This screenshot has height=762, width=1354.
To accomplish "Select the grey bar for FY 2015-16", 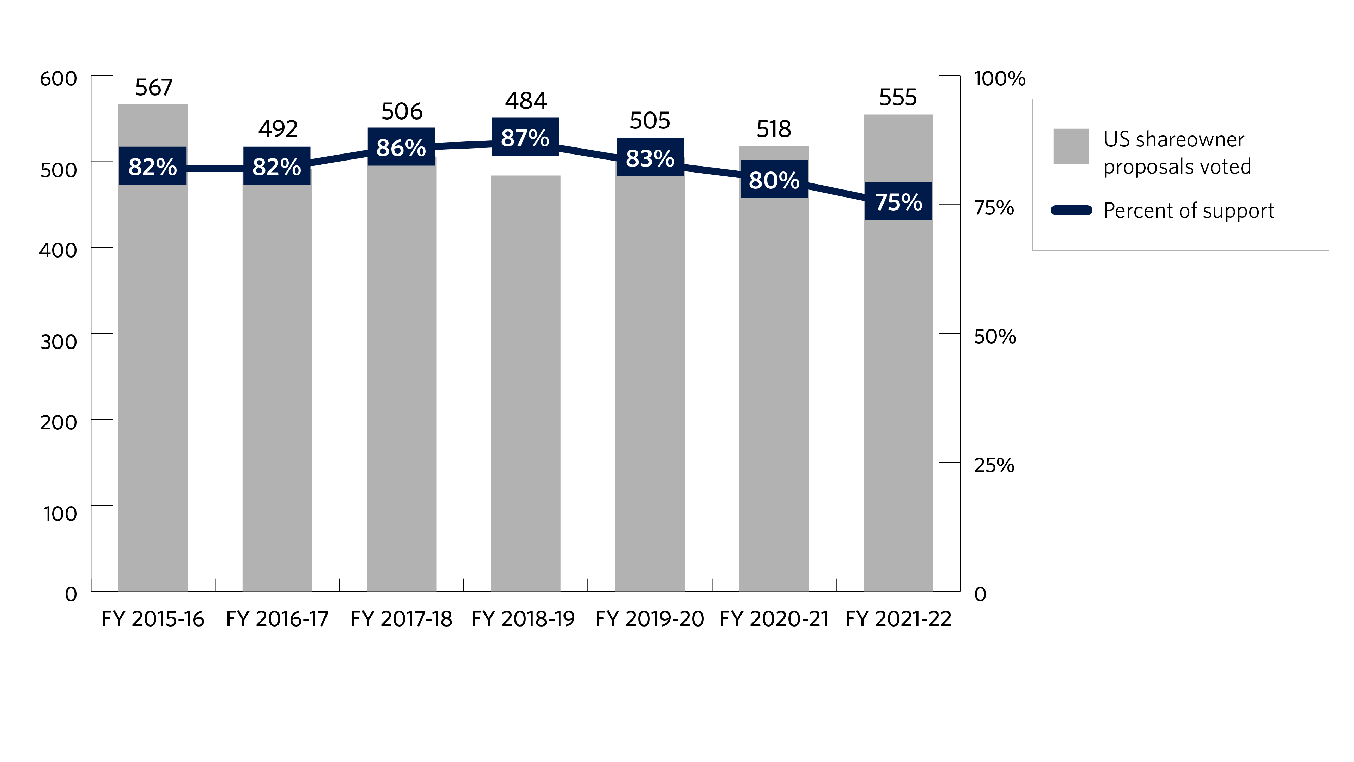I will (x=153, y=384).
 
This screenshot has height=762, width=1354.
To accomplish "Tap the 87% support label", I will (x=525, y=137).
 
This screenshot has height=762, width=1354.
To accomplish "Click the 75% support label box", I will (x=898, y=201).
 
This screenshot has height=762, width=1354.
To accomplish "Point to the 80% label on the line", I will (x=774, y=179).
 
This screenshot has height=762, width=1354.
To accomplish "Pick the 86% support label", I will (x=401, y=147).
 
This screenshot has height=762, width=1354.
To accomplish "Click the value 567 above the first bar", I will (x=153, y=87).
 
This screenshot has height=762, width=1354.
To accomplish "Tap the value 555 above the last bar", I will (x=898, y=97).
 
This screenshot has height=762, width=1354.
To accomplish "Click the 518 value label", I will (x=774, y=129).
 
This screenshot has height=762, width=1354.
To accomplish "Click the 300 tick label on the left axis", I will (x=58, y=342).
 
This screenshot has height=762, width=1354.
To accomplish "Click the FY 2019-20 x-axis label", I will (x=649, y=619).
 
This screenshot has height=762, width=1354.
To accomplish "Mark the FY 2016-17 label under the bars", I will (x=277, y=619).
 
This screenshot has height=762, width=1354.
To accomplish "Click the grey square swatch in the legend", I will (x=1071, y=146).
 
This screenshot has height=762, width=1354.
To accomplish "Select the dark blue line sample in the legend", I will (x=1071, y=210).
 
